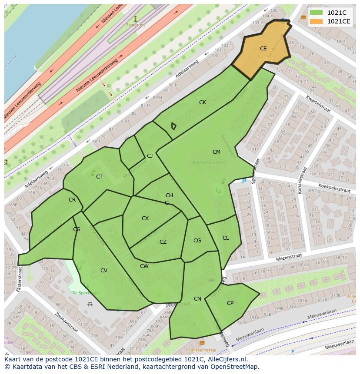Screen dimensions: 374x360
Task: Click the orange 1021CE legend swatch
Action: [316, 21]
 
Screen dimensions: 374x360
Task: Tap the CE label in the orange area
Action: [263, 49]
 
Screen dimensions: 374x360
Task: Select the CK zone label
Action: [203, 103]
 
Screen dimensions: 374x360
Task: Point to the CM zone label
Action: [216, 152]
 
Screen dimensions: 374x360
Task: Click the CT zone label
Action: [99, 177]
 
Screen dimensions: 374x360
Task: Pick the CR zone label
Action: [72, 200]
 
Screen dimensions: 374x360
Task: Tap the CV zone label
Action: [104, 271]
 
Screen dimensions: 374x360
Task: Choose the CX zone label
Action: [145, 218]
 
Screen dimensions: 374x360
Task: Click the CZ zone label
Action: [163, 242]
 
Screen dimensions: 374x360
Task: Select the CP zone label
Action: [230, 303]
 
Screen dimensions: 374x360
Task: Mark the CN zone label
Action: [197, 299]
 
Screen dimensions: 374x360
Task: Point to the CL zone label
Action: [226, 238]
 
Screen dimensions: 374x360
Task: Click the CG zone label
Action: [197, 241]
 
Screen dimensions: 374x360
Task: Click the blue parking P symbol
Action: [243, 181]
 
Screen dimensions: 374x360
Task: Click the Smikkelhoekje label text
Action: [202, 350]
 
